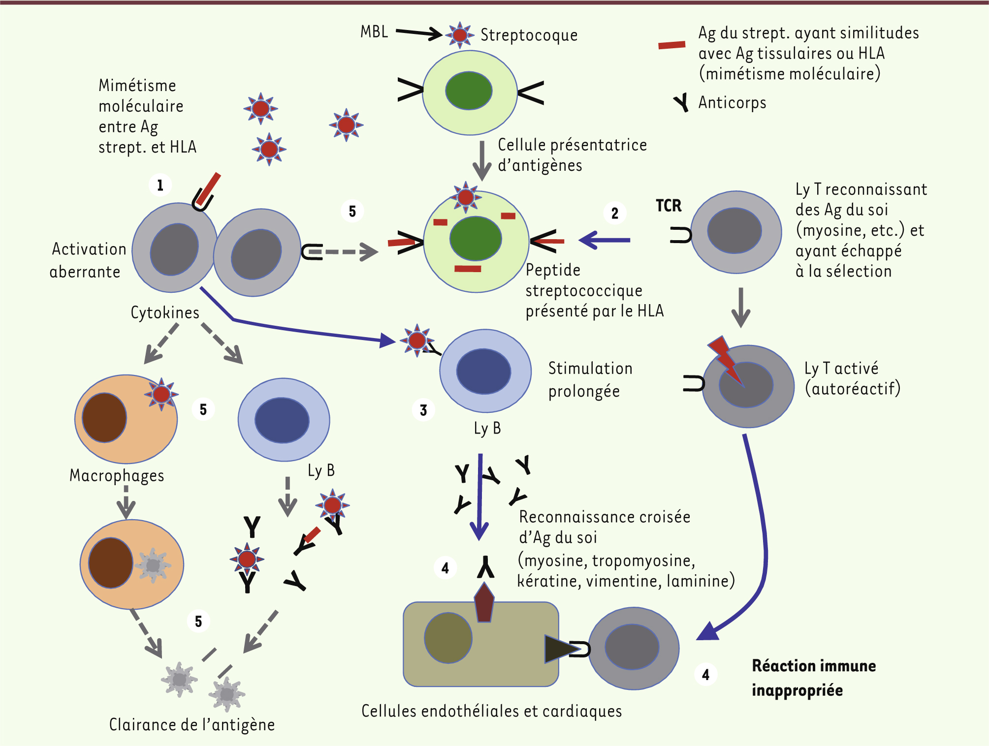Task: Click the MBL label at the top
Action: [x=374, y=32]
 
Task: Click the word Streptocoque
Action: [x=529, y=35]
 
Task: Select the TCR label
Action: [x=668, y=206]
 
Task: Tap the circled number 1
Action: [x=160, y=186]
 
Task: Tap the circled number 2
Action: [x=614, y=214]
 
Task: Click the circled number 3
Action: [x=423, y=410]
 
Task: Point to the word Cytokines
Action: [x=164, y=313]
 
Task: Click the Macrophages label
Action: [x=117, y=476]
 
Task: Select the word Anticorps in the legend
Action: [x=732, y=103]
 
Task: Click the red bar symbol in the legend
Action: [x=671, y=45]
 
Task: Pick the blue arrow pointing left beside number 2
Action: [x=605, y=240]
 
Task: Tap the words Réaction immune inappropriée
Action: [x=813, y=678]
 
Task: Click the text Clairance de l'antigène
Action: [x=191, y=725]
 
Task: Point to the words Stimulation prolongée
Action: [x=590, y=380]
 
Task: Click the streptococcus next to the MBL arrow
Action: [x=459, y=35]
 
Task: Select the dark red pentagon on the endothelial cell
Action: [x=484, y=603]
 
